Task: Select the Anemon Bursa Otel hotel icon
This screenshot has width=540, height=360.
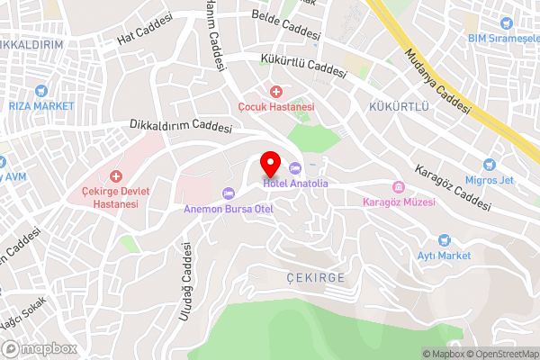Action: tap(228, 193)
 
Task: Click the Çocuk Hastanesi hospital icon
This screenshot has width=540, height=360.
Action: tap(276, 92)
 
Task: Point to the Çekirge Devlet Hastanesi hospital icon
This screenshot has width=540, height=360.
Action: tap(114, 176)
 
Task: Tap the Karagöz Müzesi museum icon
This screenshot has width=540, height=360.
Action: tap(398, 187)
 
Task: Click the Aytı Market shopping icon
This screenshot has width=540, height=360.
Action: tap(443, 240)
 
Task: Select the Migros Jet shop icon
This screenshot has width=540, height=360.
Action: tap(490, 166)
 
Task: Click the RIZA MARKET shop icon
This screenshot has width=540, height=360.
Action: tap(40, 91)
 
